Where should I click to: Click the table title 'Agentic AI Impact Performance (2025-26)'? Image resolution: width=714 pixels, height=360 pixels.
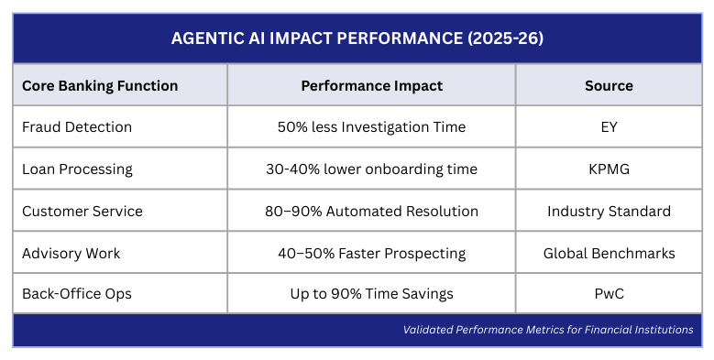pyautogui.click(x=357, y=39)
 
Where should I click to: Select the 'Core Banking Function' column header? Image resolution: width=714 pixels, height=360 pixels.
pyautogui.click(x=100, y=85)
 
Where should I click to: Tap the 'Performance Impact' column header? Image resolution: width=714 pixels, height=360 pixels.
pyautogui.click(x=371, y=85)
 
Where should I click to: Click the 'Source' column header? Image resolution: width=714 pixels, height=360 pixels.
pyautogui.click(x=609, y=85)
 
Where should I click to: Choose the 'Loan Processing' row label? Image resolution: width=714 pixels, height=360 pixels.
pyautogui.click(x=77, y=169)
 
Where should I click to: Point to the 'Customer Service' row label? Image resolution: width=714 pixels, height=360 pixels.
pyautogui.click(x=82, y=211)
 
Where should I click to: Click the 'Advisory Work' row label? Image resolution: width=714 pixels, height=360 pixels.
pyautogui.click(x=71, y=253)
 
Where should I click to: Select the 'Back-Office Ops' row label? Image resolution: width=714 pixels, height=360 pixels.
pyautogui.click(x=77, y=294)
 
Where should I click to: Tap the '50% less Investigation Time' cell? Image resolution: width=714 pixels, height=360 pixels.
pyautogui.click(x=371, y=127)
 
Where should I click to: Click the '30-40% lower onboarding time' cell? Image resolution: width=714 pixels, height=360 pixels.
pyautogui.click(x=371, y=169)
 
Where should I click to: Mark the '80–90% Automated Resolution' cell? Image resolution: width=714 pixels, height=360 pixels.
pyautogui.click(x=371, y=211)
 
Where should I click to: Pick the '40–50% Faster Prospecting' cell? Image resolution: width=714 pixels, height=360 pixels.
pyautogui.click(x=371, y=253)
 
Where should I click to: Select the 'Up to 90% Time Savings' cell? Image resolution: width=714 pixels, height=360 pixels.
pyautogui.click(x=371, y=294)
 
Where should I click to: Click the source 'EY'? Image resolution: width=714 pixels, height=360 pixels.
pyautogui.click(x=609, y=127)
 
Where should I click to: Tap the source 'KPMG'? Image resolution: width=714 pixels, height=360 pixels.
pyautogui.click(x=609, y=169)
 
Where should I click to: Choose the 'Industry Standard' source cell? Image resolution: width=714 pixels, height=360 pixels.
pyautogui.click(x=609, y=211)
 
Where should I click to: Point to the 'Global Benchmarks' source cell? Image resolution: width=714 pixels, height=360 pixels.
pyautogui.click(x=609, y=253)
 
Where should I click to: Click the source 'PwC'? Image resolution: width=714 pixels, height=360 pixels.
pyautogui.click(x=609, y=294)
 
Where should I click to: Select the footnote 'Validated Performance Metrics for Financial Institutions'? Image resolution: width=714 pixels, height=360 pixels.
pyautogui.click(x=548, y=330)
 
